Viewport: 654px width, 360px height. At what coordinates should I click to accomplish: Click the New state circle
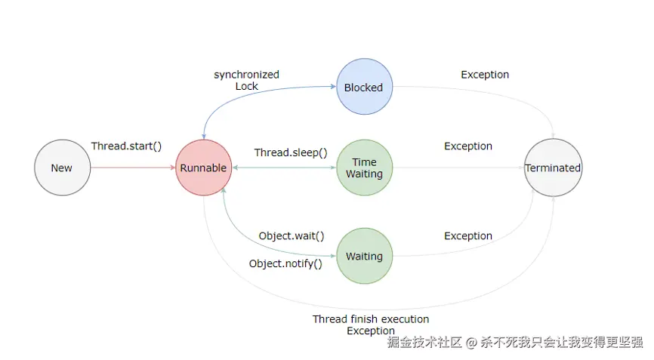point(62,168)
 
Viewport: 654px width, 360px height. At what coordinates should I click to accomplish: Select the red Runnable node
point(204,168)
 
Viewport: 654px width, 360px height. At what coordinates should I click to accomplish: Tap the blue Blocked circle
point(364,88)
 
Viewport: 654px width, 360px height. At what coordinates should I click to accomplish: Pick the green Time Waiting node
point(364,168)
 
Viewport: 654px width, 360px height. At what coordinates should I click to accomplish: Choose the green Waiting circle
point(364,257)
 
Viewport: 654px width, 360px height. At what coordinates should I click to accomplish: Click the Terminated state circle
point(554,168)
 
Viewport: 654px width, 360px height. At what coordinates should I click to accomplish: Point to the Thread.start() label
point(127,146)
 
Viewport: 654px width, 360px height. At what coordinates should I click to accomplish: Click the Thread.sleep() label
point(291,152)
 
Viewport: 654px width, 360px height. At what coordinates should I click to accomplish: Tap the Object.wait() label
point(292,235)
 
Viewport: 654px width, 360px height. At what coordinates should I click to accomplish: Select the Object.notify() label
point(285,263)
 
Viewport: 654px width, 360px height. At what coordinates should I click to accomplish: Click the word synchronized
point(246,75)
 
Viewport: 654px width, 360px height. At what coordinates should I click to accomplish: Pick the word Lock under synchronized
point(246,86)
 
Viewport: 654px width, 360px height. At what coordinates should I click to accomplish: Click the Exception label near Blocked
point(485,75)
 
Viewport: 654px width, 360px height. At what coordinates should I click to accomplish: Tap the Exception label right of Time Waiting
point(468,146)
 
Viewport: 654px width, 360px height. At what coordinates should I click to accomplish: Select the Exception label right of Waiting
point(468,235)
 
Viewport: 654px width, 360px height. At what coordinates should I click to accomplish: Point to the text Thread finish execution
point(371,318)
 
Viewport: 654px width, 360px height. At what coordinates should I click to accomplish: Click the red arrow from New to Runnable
point(132,168)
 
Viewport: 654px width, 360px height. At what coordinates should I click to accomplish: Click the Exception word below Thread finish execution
point(371,331)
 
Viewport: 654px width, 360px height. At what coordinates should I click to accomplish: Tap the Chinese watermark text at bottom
point(515,343)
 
